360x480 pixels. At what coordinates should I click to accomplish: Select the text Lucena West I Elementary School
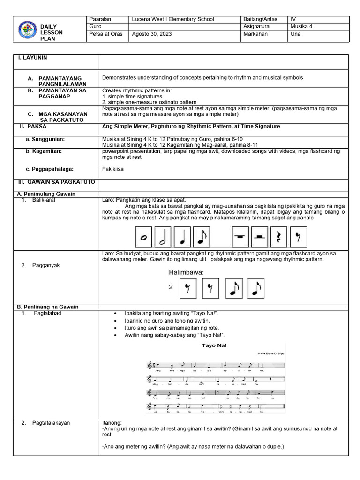[173, 19]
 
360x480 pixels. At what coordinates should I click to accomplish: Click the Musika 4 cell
[301, 27]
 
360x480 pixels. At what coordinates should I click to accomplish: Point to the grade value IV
[294, 19]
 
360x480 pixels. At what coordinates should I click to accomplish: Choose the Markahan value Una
[296, 34]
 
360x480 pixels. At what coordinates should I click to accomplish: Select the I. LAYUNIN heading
[33, 58]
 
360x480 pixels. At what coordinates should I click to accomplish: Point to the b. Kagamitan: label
[45, 151]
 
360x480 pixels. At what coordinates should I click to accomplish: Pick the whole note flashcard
[143, 237]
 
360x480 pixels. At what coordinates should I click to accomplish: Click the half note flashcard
[163, 237]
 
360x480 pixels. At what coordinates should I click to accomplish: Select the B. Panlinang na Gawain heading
[48, 307]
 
